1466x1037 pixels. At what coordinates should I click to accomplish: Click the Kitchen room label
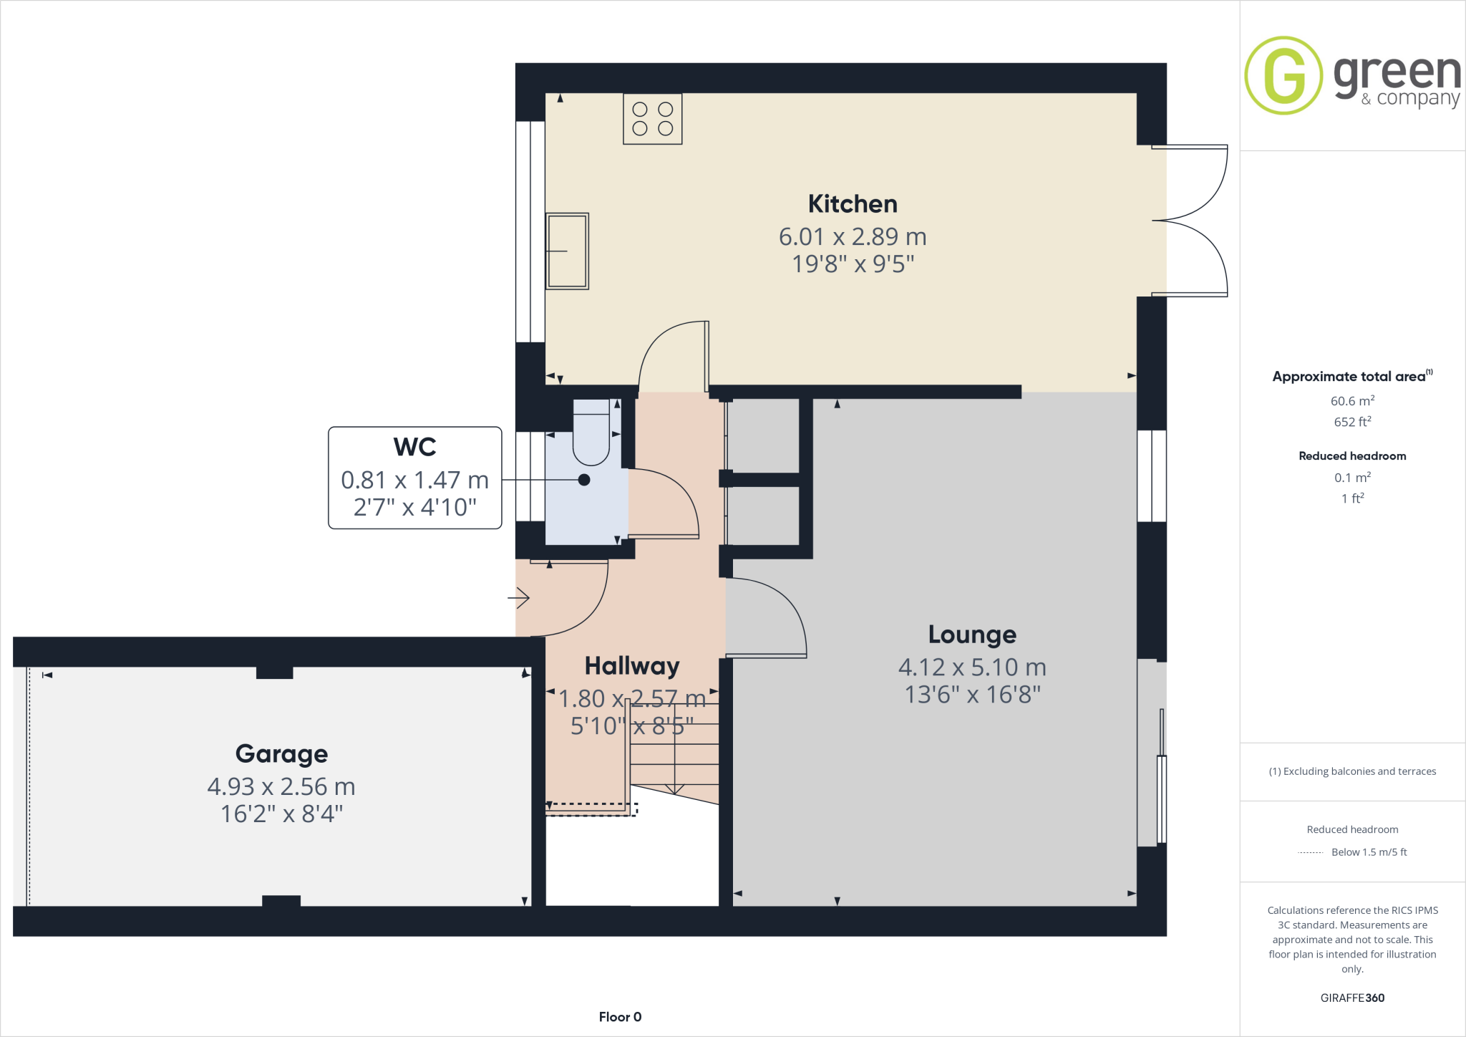(852, 204)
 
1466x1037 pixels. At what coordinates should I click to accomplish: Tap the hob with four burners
(652, 119)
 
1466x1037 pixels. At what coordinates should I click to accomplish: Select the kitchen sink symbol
(567, 251)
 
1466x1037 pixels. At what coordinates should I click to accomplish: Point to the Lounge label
(971, 635)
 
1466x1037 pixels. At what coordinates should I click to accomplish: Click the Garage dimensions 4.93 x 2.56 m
(281, 786)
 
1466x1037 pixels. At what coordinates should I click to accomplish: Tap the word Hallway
(631, 666)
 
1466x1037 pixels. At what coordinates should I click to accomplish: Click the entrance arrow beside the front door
(519, 597)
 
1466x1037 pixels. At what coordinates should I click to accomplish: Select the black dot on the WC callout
(584, 480)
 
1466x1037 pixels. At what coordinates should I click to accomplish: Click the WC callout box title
(414, 447)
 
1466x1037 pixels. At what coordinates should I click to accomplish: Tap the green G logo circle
(1283, 75)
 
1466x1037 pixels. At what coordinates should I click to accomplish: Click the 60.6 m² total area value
(1351, 401)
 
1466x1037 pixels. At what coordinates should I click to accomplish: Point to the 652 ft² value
(1351, 422)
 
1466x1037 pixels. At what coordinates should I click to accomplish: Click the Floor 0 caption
(620, 1017)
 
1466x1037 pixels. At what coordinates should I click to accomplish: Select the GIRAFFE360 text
(1351, 998)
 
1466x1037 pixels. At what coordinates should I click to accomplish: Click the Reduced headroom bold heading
(1351, 456)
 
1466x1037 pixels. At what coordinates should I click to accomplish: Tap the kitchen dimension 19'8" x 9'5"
(852, 264)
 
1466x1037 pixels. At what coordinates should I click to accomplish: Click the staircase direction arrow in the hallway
(674, 788)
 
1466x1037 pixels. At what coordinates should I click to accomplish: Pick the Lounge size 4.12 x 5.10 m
(971, 667)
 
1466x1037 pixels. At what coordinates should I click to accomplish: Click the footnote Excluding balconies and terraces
(1351, 771)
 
